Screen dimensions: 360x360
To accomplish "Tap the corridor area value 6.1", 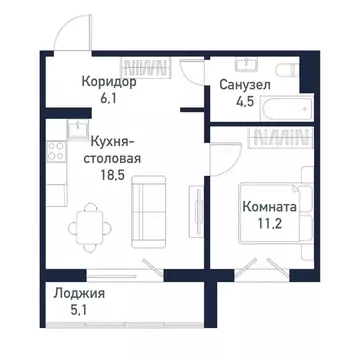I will (x=107, y=98).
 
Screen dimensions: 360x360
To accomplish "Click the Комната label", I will (x=267, y=208).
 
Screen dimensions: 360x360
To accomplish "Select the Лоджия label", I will (x=79, y=295).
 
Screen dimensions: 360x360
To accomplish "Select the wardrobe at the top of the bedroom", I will (x=283, y=141).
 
